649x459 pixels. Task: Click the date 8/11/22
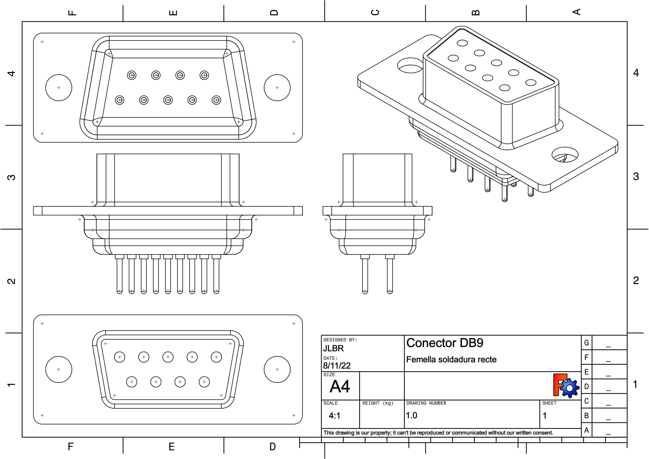pyautogui.click(x=337, y=366)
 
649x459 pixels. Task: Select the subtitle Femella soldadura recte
pyautogui.click(x=451, y=359)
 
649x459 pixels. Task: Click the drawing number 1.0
pyautogui.click(x=412, y=415)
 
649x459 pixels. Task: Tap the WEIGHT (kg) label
pyautogui.click(x=378, y=403)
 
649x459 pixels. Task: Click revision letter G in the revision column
pyautogui.click(x=586, y=343)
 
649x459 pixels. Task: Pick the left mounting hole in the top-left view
pyautogui.click(x=59, y=88)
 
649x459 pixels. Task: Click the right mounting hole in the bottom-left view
pyautogui.click(x=277, y=369)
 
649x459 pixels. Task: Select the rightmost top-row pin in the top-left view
pyautogui.click(x=204, y=75)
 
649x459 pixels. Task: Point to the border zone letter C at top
pyautogui.click(x=375, y=12)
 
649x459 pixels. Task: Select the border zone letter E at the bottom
pyautogui.click(x=172, y=447)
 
